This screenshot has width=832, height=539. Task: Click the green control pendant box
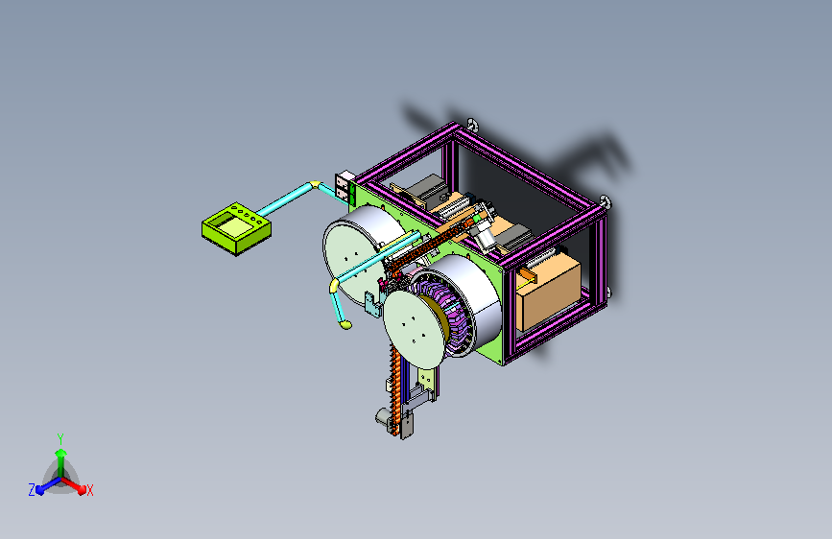[x=236, y=228]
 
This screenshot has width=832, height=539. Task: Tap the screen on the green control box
[x=234, y=226]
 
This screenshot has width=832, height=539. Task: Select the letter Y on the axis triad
[x=60, y=438]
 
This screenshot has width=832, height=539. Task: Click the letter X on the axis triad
[x=89, y=491]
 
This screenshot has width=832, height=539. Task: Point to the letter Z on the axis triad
[x=32, y=490]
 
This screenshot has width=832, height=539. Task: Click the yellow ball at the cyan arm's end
[x=346, y=325]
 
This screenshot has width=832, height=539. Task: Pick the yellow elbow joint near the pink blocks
[x=315, y=184]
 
